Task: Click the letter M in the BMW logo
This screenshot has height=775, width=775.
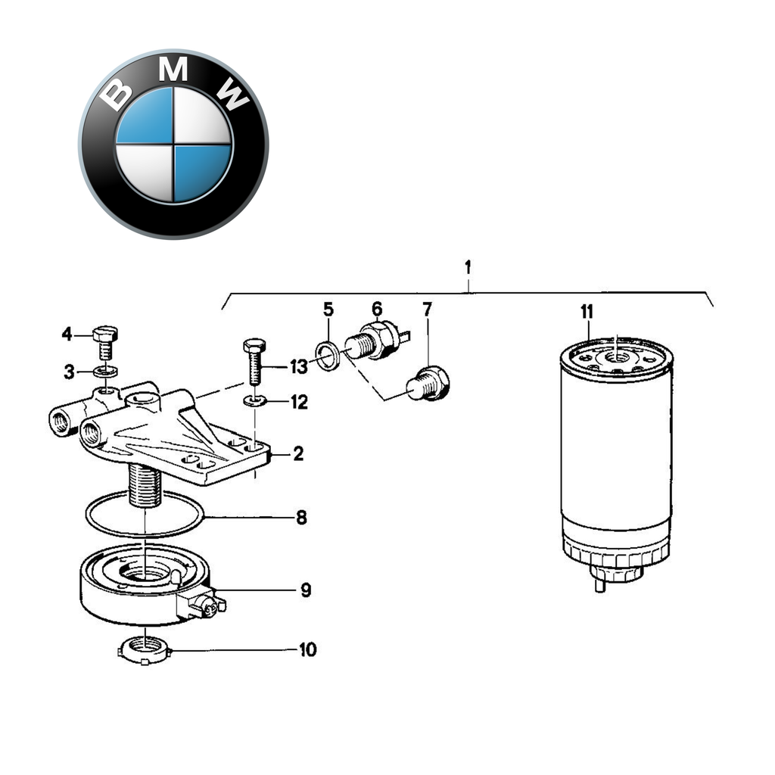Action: (175, 70)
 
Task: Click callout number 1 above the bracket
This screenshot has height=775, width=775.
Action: (468, 267)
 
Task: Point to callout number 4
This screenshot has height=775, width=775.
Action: (67, 334)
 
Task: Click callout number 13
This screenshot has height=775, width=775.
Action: (299, 367)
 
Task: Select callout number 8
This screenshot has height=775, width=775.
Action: (301, 518)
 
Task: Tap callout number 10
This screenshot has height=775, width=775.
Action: (307, 650)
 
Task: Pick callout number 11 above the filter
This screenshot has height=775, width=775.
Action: (587, 312)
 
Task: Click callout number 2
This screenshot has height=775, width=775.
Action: (298, 454)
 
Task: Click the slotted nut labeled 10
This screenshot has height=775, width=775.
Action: (143, 649)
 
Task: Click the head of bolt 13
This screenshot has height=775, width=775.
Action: (254, 345)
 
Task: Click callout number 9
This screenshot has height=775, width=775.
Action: (305, 590)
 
